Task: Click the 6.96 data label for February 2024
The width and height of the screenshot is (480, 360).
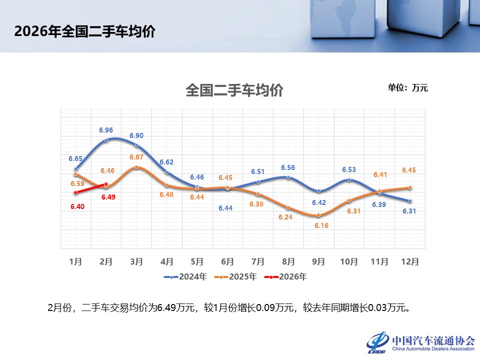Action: point(106,130)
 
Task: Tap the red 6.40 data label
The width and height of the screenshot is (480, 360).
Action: point(77,206)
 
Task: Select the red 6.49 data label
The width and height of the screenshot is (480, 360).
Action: point(108,197)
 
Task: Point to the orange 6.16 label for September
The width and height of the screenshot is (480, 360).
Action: point(321,225)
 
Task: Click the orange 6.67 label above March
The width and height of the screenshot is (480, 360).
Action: point(136,157)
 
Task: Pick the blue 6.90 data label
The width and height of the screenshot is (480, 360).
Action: point(136,135)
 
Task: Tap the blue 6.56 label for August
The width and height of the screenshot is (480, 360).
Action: point(288,168)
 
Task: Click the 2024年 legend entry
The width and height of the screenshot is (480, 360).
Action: point(185,276)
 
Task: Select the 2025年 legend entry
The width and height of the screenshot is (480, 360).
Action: point(235,276)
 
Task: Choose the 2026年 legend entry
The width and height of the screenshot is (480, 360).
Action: point(285,276)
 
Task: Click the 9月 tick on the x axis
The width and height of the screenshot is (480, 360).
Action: point(318,261)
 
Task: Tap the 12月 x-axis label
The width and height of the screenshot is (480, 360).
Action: point(410,261)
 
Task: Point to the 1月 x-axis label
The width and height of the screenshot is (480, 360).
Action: point(75,261)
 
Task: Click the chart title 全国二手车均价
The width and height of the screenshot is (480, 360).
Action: point(234,90)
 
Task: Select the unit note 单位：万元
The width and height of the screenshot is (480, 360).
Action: point(408,88)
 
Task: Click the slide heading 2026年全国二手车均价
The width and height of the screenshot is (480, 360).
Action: point(85,31)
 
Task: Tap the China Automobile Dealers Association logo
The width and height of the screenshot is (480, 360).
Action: point(421,342)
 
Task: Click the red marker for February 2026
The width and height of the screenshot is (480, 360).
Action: point(106,184)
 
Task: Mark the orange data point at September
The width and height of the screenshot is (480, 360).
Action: point(318,215)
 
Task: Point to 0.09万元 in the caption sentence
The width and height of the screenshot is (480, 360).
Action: point(274,307)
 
